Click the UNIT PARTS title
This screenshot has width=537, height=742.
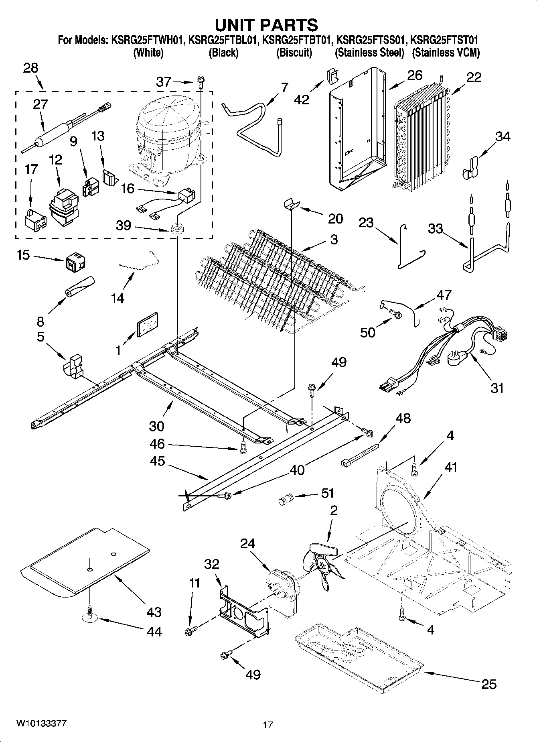[266, 25]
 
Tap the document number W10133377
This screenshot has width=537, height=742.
[41, 724]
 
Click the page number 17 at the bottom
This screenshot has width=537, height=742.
[268, 725]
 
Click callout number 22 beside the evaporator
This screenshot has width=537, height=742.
[474, 77]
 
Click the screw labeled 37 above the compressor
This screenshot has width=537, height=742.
[200, 83]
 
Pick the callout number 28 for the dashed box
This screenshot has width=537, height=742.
[30, 68]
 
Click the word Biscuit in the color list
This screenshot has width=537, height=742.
[294, 53]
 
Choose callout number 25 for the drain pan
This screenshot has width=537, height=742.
[488, 684]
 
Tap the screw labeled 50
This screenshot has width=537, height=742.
[396, 316]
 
